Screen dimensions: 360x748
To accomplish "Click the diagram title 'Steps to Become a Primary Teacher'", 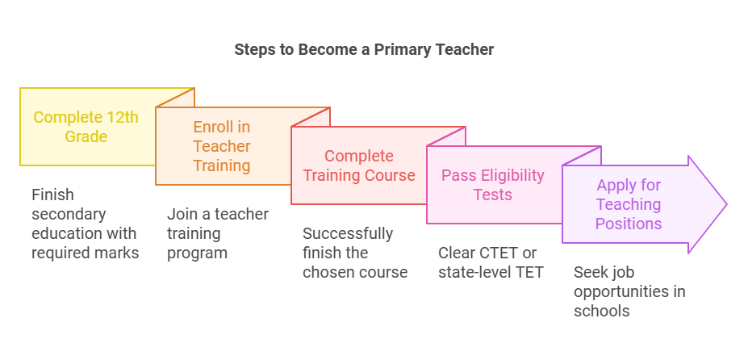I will pos(364,49).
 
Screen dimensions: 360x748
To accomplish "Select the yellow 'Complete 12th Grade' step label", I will pos(86,127).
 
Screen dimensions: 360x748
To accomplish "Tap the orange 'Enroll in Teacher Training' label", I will pos(222,146).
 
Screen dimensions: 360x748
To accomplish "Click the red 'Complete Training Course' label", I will pos(359,165).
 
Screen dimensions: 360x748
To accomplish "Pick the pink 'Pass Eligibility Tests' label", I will pos(493,185).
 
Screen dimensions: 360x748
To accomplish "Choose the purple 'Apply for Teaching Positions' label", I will pos(629,204).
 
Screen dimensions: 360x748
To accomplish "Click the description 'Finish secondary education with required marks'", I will pos(86,224).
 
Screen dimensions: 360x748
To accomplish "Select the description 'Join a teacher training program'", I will pos(218,233).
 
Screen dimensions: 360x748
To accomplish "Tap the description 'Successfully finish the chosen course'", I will pos(355,253).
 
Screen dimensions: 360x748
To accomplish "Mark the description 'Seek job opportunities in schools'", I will pos(629,291).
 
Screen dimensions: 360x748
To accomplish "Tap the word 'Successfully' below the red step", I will pos(348,233).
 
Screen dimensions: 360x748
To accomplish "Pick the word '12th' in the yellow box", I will pos(122,117).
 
